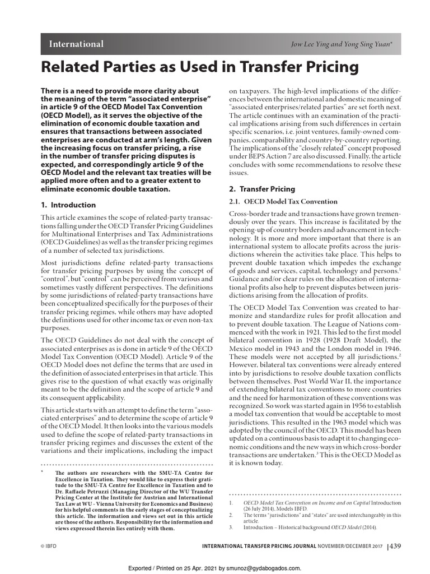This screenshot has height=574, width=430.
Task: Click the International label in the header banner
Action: point(76,44)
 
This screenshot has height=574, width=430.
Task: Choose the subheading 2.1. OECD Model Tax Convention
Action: point(284,201)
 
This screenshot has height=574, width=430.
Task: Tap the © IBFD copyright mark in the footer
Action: point(52,546)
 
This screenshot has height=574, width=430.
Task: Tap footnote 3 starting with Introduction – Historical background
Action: point(310,527)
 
